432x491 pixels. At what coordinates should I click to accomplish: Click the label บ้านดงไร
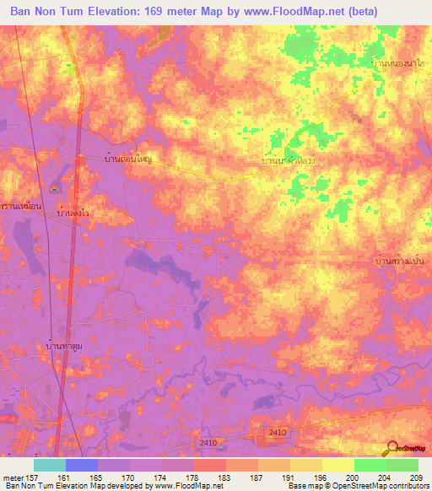point(74,215)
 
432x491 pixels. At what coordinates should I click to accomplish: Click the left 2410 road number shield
point(210,442)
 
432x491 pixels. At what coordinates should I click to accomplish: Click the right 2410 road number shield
point(277,433)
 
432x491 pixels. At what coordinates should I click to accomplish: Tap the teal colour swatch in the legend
point(50,465)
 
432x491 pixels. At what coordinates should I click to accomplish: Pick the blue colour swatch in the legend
point(82,465)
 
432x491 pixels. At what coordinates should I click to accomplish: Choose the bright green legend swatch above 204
point(370,465)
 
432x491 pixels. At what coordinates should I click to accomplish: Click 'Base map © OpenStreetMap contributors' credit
point(357,487)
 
